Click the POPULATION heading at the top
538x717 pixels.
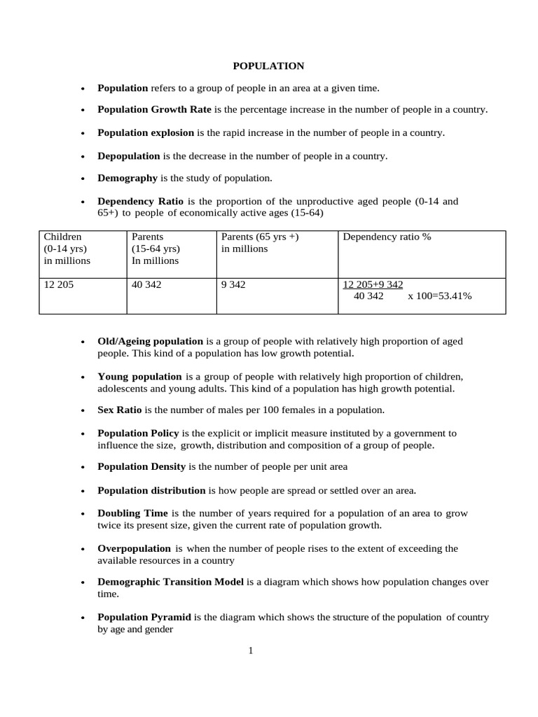(x=268, y=66)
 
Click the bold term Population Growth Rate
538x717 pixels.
(x=154, y=110)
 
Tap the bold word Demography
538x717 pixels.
(x=127, y=178)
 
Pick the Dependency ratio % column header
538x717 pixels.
(x=387, y=237)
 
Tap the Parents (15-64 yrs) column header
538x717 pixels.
(x=156, y=249)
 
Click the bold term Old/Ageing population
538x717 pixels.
(x=150, y=341)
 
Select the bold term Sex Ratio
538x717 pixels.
(x=120, y=410)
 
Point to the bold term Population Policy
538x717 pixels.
(x=139, y=433)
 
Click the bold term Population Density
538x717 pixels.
(x=142, y=466)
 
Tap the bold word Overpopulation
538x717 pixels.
(x=134, y=548)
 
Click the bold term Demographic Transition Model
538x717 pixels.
(x=171, y=582)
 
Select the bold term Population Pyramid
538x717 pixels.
(x=144, y=617)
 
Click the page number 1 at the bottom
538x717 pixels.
(x=250, y=651)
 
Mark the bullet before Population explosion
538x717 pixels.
(x=83, y=133)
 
